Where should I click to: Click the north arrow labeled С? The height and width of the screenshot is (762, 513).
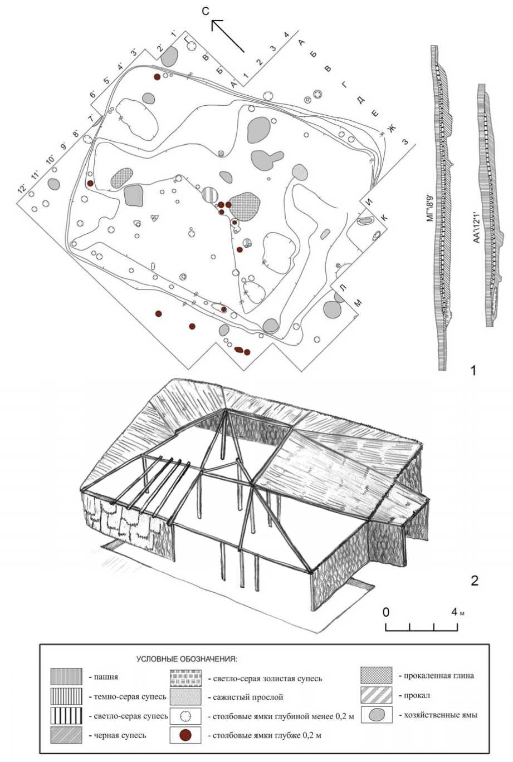pyautogui.click(x=228, y=36)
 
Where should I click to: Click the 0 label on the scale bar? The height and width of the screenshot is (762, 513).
pyautogui.click(x=385, y=612)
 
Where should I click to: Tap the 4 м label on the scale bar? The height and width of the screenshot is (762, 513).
pyautogui.click(x=457, y=612)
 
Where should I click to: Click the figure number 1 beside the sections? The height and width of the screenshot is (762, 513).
pyautogui.click(x=473, y=371)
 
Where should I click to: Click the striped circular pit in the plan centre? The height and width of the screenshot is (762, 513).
pyautogui.click(x=209, y=195)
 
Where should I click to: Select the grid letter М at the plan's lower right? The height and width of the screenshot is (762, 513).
pyautogui.click(x=358, y=303)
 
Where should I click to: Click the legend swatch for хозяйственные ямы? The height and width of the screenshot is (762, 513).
pyautogui.click(x=376, y=714)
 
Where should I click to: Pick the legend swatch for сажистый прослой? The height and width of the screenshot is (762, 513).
pyautogui.click(x=185, y=697)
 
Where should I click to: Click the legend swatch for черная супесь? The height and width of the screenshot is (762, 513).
pyautogui.click(x=66, y=735)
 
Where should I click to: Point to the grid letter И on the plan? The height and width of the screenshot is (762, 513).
pyautogui.click(x=369, y=201)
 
